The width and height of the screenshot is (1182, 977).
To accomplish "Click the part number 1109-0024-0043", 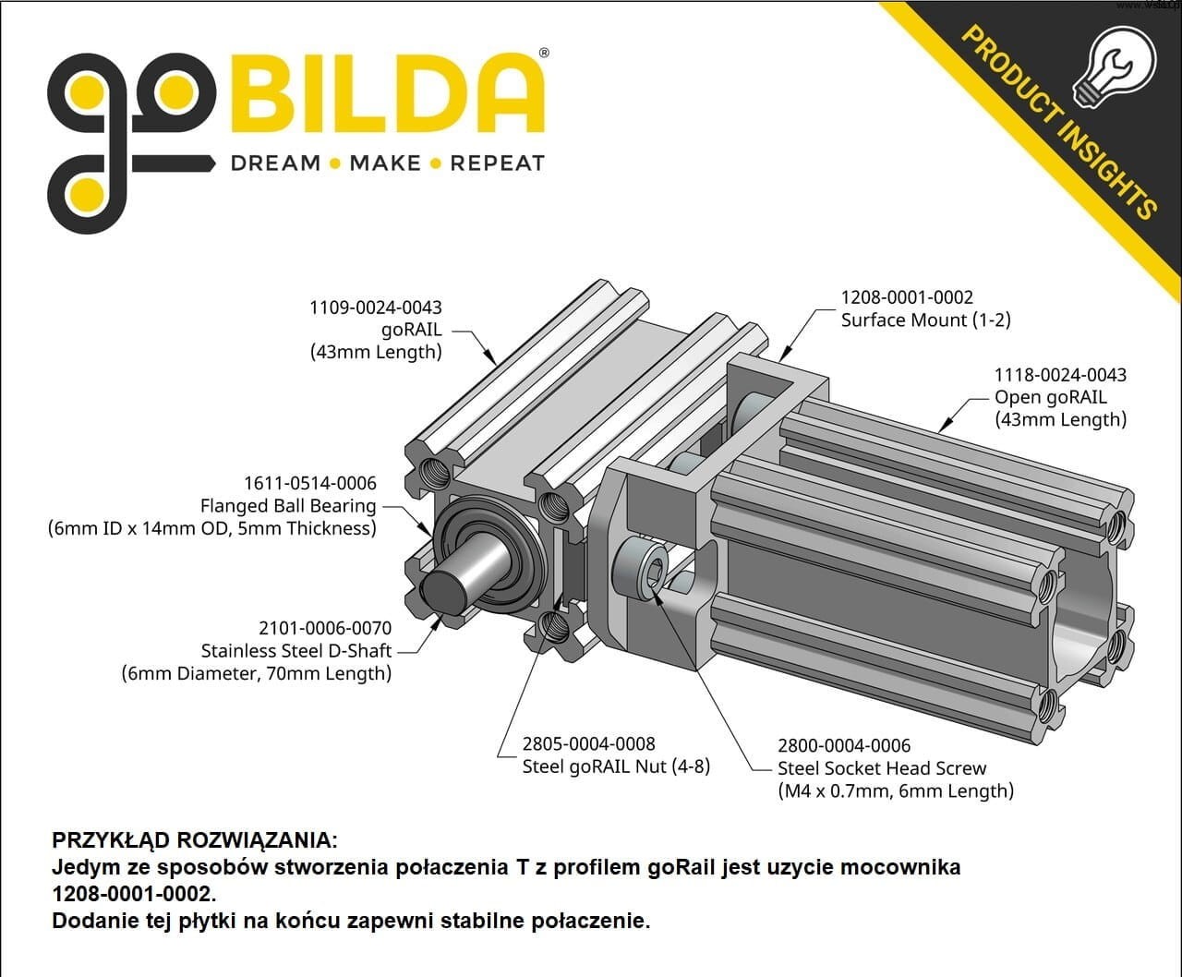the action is click(x=375, y=308).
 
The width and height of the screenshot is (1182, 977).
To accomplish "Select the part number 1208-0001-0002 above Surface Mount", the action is click(x=907, y=297).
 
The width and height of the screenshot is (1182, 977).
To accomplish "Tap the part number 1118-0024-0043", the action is click(x=1060, y=375).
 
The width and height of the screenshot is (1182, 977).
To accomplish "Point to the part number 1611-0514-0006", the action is click(x=309, y=483).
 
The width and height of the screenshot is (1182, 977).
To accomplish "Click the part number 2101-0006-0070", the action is click(x=325, y=628).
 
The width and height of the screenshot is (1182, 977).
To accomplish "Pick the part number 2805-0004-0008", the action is click(x=589, y=743).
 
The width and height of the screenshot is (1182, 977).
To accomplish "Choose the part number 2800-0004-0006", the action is click(x=844, y=745).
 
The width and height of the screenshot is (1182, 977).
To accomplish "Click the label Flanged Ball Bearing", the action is click(x=288, y=505).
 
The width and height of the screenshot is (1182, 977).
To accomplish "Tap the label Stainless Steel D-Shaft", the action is click(x=296, y=650).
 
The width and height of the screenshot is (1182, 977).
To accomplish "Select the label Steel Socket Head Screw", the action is click(x=882, y=768).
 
